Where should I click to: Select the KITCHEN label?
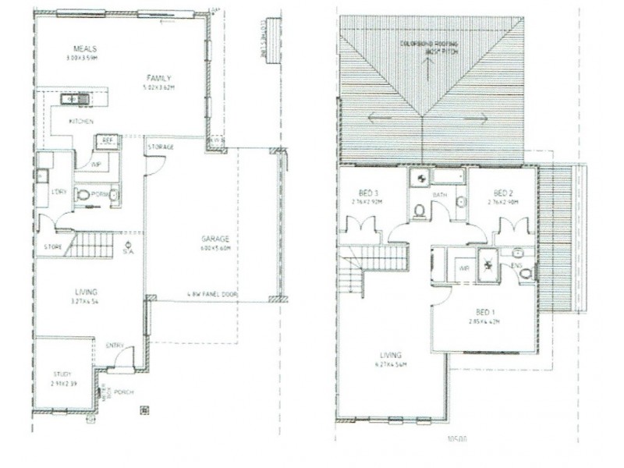[81, 122]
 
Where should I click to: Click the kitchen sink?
[76, 99]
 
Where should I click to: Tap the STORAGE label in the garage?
[160, 147]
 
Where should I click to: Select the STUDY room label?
[62, 375]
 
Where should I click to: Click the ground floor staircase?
[89, 245]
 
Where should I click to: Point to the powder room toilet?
[83, 194]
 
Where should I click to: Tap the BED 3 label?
[369, 193]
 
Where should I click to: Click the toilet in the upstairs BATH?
[420, 211]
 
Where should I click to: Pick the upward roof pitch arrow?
[428, 66]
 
